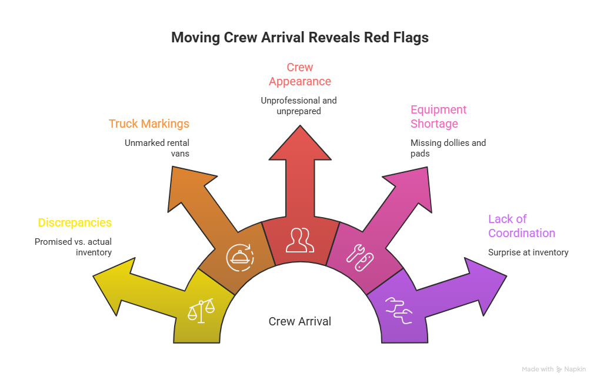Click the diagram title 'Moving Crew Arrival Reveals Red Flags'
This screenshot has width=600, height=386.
[x=300, y=38]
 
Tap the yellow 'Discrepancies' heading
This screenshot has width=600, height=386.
[x=75, y=223]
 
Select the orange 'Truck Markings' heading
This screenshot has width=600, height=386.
[x=149, y=124]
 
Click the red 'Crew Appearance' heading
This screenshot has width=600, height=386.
[x=300, y=74]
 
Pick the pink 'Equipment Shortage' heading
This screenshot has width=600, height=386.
[x=438, y=117]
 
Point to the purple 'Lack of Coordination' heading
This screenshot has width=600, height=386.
[x=521, y=226]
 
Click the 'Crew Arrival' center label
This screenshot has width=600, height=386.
[x=299, y=321]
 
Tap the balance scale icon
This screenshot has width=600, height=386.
[x=201, y=310]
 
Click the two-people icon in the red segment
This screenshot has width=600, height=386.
[x=300, y=238]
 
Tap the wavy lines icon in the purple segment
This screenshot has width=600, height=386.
[x=398, y=310]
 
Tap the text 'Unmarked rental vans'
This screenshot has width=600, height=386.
[x=157, y=148]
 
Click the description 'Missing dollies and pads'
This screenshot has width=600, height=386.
[x=448, y=148]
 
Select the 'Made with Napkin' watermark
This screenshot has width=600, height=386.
[x=554, y=370]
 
